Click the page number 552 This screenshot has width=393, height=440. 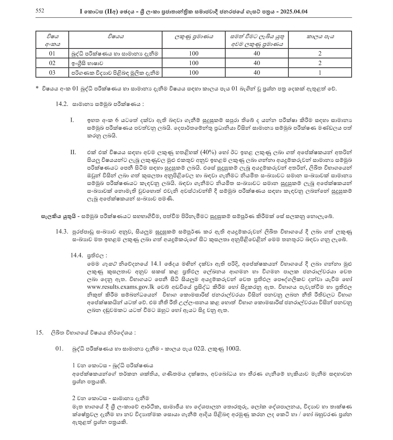coord(40,11)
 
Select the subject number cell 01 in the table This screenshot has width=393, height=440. coord(52,53)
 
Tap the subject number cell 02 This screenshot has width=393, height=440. coord(52,63)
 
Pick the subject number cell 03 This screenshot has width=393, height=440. coord(52,72)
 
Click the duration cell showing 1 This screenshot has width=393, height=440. coord(320,72)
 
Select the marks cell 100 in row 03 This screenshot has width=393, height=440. coord(194,72)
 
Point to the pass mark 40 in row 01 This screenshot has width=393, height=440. coord(256,53)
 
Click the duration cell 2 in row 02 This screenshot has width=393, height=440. coord(320,63)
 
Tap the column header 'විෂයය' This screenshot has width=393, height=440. coord(116,37)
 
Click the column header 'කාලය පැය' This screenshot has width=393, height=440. coord(320,37)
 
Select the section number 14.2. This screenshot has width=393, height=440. coord(62,104)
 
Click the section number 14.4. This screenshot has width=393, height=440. coord(77,255)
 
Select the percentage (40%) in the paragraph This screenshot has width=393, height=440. coord(209,152)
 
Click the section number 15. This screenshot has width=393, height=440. coord(39,333)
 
